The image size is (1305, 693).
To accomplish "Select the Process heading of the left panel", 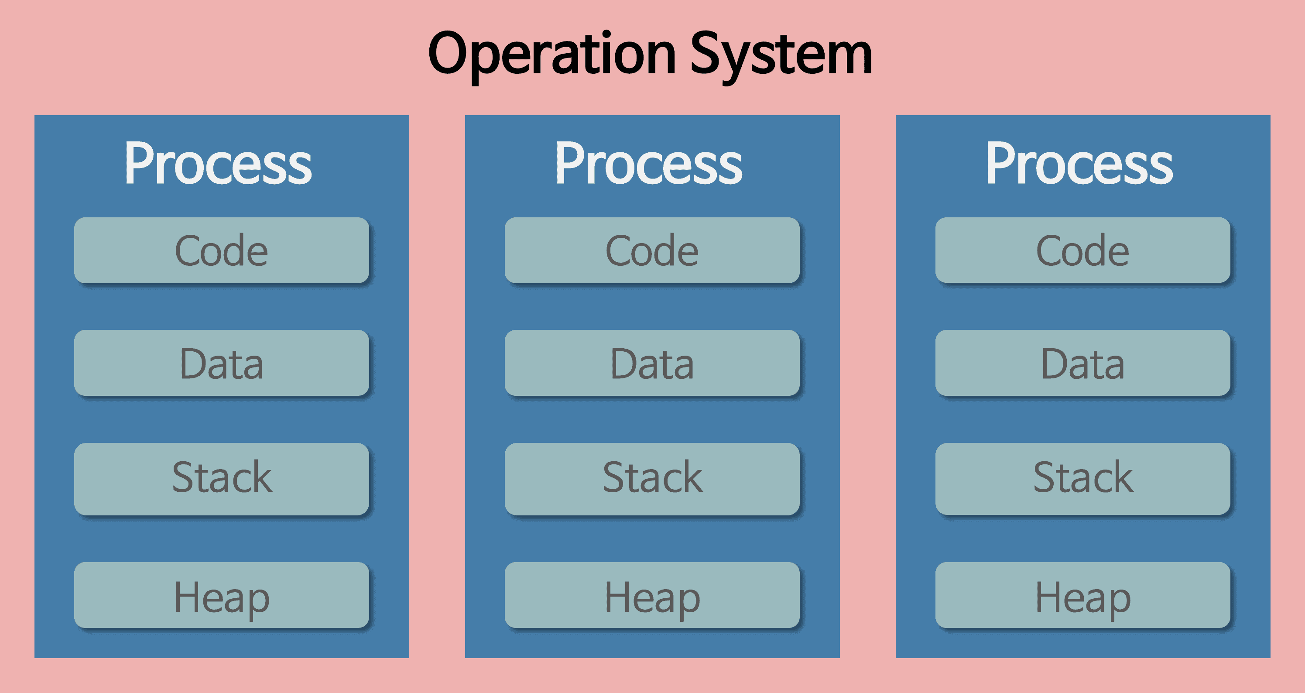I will pos(218,163).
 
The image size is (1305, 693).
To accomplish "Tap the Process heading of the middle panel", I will pos(648,163).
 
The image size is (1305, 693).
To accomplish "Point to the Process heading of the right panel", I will pos(1079,163).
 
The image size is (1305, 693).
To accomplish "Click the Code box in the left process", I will pos(221,250).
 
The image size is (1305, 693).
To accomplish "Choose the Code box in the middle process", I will pos(652,250).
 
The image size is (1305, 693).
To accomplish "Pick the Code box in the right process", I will pos(1082,250).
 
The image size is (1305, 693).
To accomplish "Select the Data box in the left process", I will pos(221,363).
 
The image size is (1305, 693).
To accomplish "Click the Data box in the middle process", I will pos(652,363).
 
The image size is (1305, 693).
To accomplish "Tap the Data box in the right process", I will pos(1082,363).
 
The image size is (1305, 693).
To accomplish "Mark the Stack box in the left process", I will pos(221,479).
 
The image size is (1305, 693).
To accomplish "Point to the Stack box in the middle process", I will pos(652,479).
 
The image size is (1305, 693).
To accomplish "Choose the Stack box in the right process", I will pos(1082,479).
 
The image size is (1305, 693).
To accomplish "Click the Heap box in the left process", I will pos(221,595).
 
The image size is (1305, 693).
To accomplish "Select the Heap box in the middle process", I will pos(652,595).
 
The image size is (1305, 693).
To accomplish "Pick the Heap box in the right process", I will pos(1082,595).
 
